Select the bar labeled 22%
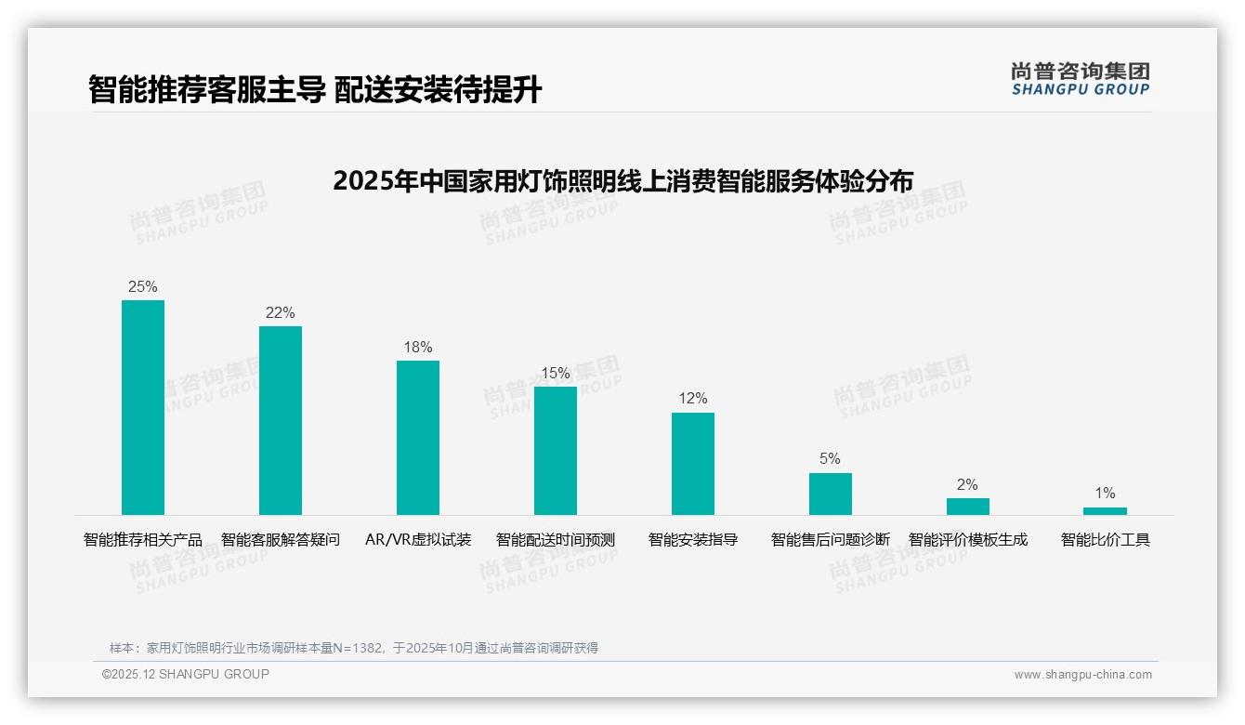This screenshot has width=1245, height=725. tap(281, 420)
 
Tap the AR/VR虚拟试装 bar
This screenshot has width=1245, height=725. tap(418, 438)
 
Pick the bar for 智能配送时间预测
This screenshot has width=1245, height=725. tap(556, 451)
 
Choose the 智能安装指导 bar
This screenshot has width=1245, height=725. tap(693, 464)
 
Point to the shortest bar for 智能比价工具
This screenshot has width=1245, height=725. tap(1105, 511)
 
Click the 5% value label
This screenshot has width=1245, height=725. tap(830, 459)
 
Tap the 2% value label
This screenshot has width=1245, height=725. tap(967, 484)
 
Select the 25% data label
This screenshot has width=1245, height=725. tap(143, 287)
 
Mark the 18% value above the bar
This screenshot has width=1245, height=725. tap(418, 348)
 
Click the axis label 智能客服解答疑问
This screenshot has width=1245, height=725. tap(281, 540)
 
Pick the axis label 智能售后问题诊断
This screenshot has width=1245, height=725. tap(830, 540)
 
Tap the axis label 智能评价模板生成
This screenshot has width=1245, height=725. tap(967, 540)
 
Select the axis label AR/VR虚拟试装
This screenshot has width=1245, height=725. tap(418, 540)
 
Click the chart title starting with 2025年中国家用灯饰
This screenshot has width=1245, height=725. tap(622, 180)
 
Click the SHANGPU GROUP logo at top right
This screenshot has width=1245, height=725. tap(1080, 78)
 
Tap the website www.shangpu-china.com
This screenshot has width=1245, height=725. tap(1082, 675)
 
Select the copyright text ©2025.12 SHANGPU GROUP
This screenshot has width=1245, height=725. tap(186, 674)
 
